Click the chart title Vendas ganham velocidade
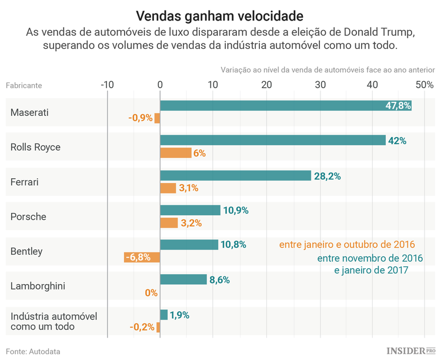tap(220, 14)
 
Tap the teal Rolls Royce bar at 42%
tap(273, 141)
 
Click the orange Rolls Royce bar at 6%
tap(176, 153)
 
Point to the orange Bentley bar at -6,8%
tap(142, 257)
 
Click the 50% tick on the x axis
tap(424, 85)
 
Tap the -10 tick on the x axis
tap(107, 85)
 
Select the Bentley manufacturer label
tap(26, 251)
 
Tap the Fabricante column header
tap(24, 85)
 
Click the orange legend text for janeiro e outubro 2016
tap(347, 245)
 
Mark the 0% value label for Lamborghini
tap(151, 292)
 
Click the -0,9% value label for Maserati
tap(141, 118)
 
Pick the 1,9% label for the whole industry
tap(179, 315)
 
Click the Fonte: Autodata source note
tap(34, 351)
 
